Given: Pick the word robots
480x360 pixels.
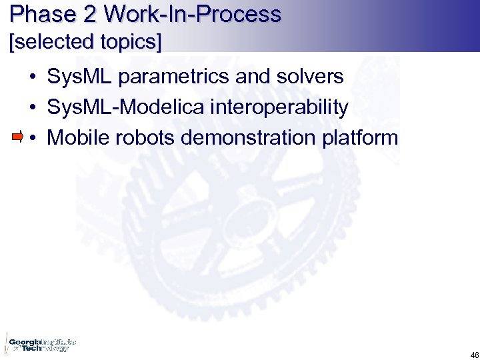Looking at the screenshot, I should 142,138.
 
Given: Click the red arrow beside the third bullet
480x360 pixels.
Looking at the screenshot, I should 17,137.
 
